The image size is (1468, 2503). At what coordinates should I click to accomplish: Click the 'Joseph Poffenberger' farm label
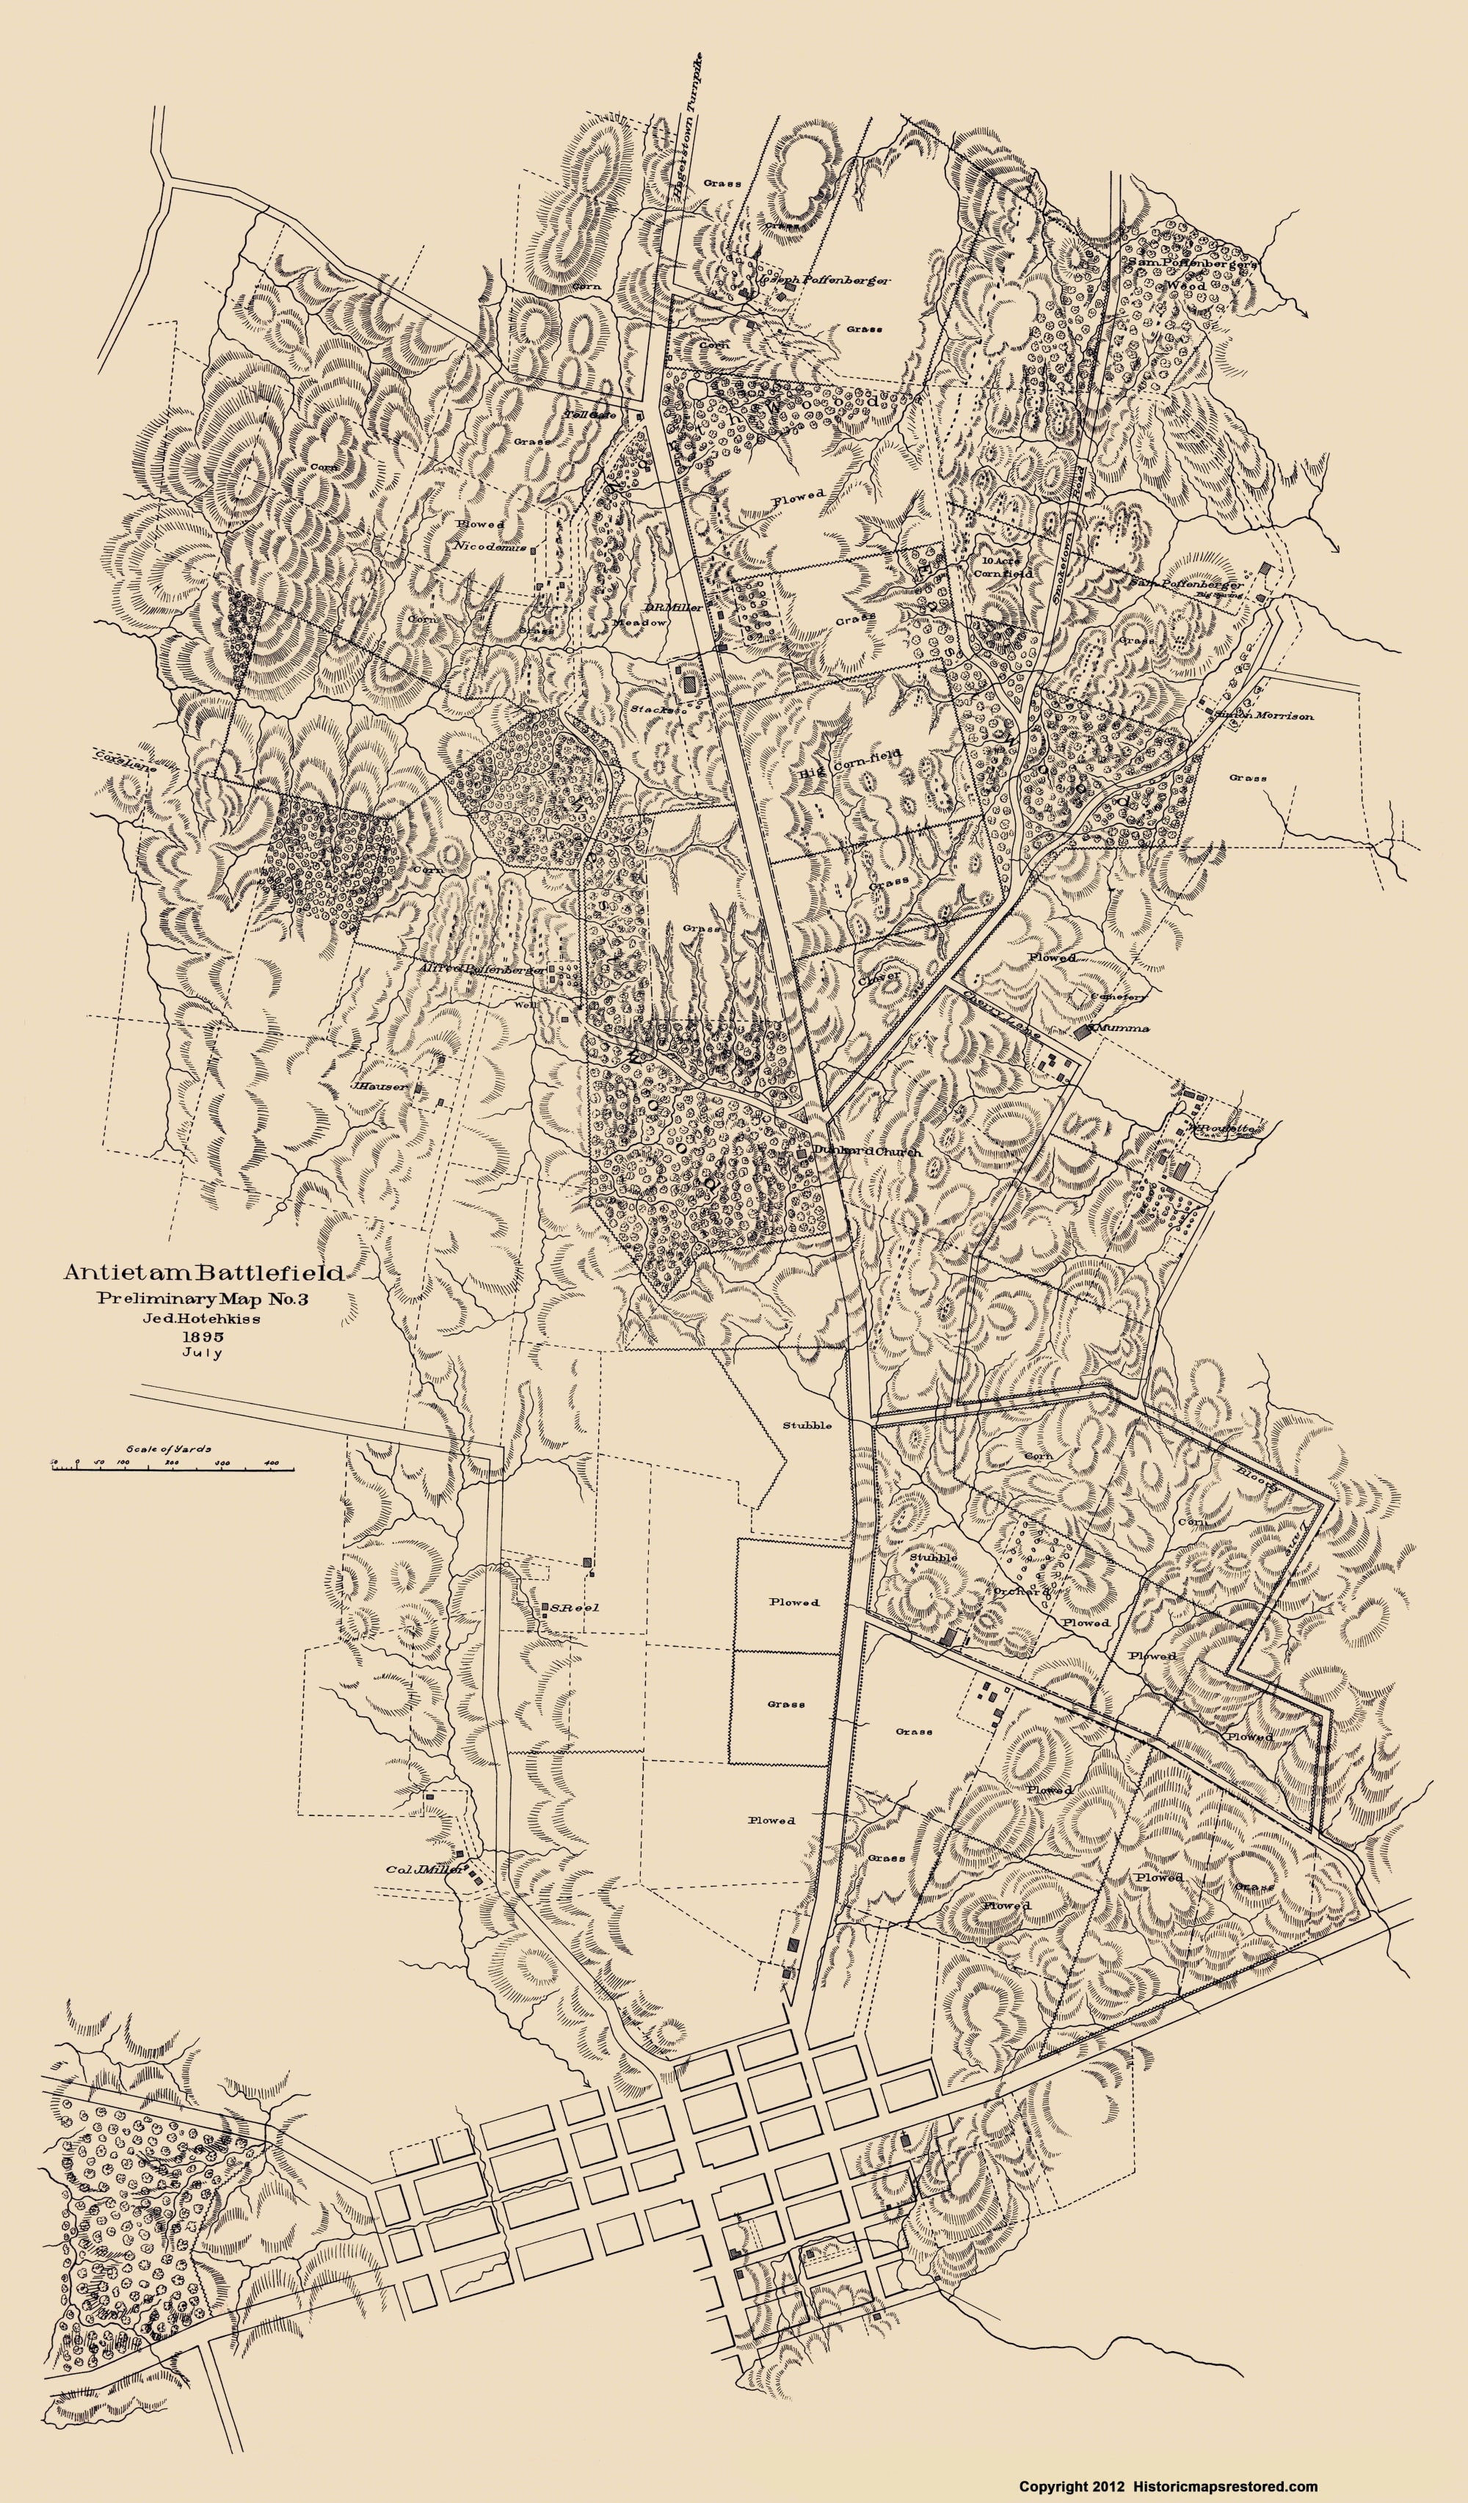[822, 281]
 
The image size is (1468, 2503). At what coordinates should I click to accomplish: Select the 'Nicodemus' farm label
[489, 545]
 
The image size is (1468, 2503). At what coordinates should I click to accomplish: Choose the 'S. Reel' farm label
[566, 1606]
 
